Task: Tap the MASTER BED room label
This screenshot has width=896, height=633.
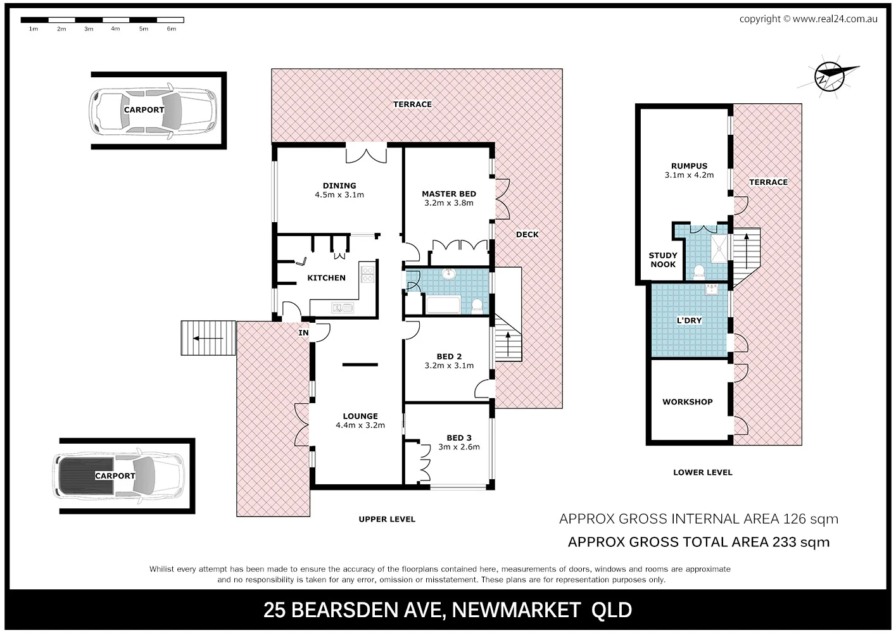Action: (x=449, y=194)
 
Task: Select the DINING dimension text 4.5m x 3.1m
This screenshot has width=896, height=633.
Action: (x=339, y=195)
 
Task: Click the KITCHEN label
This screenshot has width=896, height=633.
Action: (x=326, y=278)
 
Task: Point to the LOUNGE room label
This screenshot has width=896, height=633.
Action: (x=360, y=417)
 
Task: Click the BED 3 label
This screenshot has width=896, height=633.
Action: (x=459, y=437)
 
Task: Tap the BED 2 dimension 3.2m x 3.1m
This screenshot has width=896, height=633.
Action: (x=449, y=365)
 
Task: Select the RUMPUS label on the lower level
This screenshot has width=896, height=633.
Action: (x=689, y=166)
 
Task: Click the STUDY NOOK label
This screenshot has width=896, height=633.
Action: (x=663, y=260)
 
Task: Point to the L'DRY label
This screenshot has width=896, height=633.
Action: (x=689, y=320)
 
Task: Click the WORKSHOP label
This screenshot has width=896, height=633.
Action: (x=687, y=402)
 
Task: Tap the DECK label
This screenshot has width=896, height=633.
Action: (x=527, y=234)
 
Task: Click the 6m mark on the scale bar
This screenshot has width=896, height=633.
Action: (x=171, y=29)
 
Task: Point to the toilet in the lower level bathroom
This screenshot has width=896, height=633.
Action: (x=699, y=272)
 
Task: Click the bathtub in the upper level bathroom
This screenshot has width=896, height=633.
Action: (x=446, y=306)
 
